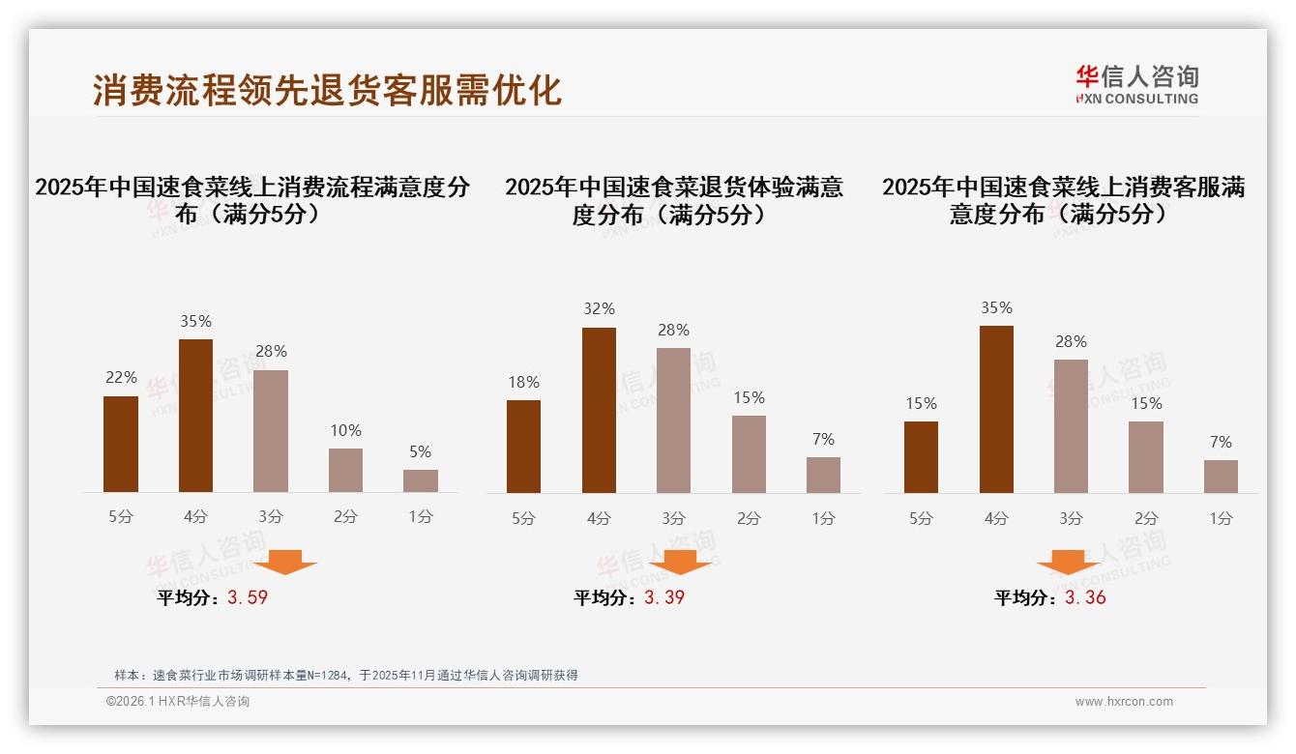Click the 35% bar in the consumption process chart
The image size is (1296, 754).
pyautogui.click(x=195, y=416)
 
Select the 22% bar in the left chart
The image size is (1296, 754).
pyautogui.click(x=121, y=444)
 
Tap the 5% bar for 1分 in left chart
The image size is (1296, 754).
pyautogui.click(x=421, y=480)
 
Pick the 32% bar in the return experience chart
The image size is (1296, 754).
pyautogui.click(x=599, y=410)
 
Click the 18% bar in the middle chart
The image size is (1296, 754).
pyautogui.click(x=523, y=446)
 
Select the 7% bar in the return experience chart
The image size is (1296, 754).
pyautogui.click(x=823, y=475)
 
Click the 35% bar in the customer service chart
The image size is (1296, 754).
pyautogui.click(x=996, y=409)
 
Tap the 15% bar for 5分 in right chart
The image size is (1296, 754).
pyautogui.click(x=921, y=456)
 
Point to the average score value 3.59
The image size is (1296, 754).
pyautogui.click(x=248, y=597)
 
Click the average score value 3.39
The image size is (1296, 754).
pyautogui.click(x=664, y=597)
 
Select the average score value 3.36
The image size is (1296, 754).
pyautogui.click(x=1085, y=597)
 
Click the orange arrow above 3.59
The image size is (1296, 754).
pyautogui.click(x=285, y=562)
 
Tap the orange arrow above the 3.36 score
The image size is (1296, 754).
pyautogui.click(x=1068, y=562)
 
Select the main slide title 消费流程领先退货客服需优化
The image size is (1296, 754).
pyautogui.click(x=327, y=90)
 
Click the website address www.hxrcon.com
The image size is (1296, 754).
pyautogui.click(x=1124, y=702)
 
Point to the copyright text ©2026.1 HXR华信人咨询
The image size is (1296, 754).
pyautogui.click(x=177, y=702)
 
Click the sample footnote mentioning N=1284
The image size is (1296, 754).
pyautogui.click(x=345, y=675)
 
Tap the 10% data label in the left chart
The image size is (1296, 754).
pyautogui.click(x=345, y=430)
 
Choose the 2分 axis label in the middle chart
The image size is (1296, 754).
pyautogui.click(x=749, y=518)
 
